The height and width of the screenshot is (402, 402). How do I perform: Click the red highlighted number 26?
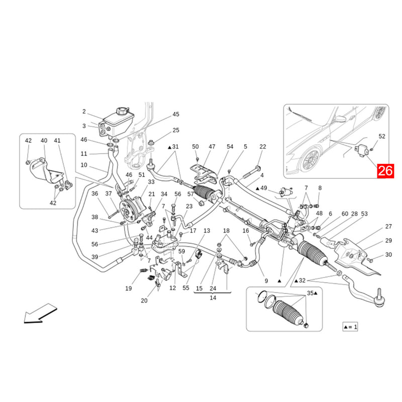tap(386, 171)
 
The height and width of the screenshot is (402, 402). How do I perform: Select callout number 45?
tap(176, 115)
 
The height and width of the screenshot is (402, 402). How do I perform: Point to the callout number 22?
tap(262, 147)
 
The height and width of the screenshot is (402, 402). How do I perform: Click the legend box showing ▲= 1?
tap(350, 327)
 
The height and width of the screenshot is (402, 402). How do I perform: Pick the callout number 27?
tap(388, 227)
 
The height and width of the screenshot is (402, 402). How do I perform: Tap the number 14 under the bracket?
tap(213, 297)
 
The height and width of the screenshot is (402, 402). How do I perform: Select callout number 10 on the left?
tap(83, 165)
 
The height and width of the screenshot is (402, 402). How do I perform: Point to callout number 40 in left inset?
tap(44, 141)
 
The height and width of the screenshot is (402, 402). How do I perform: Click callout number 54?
tap(230, 147)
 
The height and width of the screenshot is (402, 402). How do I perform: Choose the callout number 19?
tap(129, 288)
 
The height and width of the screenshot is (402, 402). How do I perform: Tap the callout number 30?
tap(388, 255)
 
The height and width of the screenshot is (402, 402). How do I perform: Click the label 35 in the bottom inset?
tap(311, 293)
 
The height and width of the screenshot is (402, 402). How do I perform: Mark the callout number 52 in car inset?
tap(382, 136)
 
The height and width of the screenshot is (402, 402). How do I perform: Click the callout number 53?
tap(364, 214)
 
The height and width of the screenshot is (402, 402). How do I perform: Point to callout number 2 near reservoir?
tap(84, 112)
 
